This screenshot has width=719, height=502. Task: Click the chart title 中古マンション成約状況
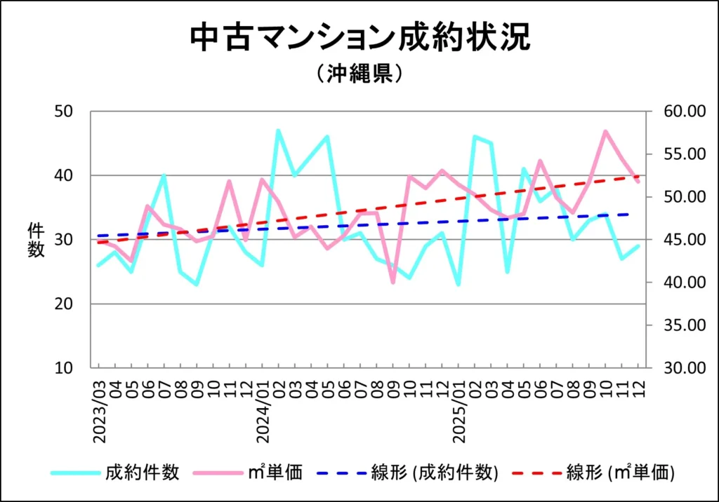[x=359, y=39]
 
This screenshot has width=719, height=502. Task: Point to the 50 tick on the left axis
[x=68, y=111]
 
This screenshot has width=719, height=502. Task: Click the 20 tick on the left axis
[x=68, y=304]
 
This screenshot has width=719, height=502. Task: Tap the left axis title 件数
[x=37, y=239]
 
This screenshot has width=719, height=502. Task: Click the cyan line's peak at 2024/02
[x=279, y=130]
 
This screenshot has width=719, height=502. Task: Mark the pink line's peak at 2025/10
[x=605, y=131]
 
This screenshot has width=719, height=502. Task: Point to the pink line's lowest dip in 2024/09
[x=393, y=283]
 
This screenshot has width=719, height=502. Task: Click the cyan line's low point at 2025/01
[x=459, y=285]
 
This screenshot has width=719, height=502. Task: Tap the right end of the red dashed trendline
[x=638, y=176]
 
